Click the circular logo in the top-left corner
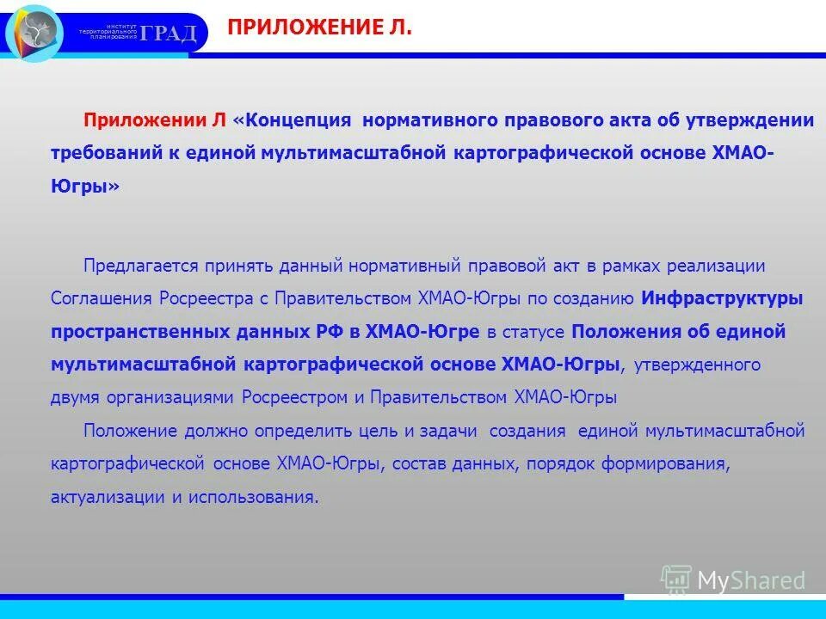(34, 33)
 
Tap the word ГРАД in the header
(169, 34)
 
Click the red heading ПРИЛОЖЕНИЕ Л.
(319, 28)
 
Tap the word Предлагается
(141, 266)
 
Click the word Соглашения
(102, 298)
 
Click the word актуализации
(108, 497)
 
